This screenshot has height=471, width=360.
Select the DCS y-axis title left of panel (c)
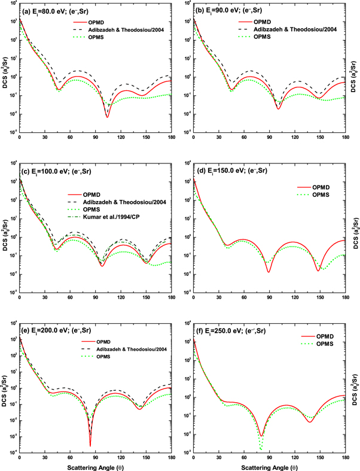coord(4,227)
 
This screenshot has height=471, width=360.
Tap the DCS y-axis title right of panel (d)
coord(355,227)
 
